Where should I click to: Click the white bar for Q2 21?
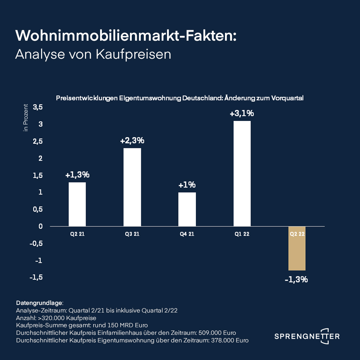pyautogui.click(x=77, y=204)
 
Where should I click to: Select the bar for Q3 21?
pyautogui.click(x=132, y=187)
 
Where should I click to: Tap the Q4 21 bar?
pyautogui.click(x=187, y=209)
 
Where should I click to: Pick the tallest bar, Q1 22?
pyautogui.click(x=242, y=174)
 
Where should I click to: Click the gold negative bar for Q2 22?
pyautogui.click(x=297, y=248)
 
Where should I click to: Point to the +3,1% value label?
pyautogui.click(x=242, y=113)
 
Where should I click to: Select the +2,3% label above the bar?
pyautogui.click(x=132, y=141)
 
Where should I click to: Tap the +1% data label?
pyautogui.click(x=187, y=185)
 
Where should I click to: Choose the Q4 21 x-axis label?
pyautogui.click(x=187, y=234)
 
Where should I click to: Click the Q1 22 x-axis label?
pyautogui.click(x=242, y=234)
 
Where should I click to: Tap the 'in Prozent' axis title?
pyautogui.click(x=26, y=117)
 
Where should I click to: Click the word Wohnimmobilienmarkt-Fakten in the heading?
pyautogui.click(x=126, y=36)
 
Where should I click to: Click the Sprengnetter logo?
pyautogui.click(x=307, y=336)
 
